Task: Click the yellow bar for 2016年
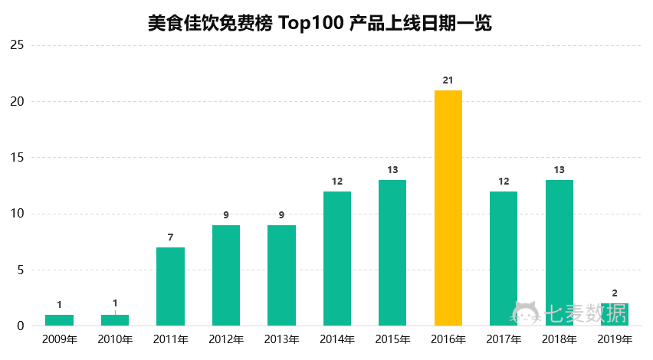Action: [448, 208]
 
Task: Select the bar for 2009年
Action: [59, 320]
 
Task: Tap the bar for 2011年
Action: [170, 286]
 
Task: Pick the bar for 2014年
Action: [337, 258]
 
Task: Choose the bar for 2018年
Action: [559, 253]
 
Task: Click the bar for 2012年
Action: [226, 275]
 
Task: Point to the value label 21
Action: [448, 80]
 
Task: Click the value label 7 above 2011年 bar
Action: [170, 237]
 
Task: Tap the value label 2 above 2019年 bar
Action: [615, 293]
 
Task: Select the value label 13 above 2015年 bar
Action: [392, 170]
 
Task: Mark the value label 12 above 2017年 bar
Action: [504, 182]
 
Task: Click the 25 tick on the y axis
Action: [17, 46]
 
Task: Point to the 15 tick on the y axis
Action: [17, 158]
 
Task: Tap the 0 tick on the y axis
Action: [21, 326]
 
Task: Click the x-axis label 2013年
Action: [281, 339]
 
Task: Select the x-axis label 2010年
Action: [115, 339]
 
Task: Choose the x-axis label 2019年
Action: [615, 339]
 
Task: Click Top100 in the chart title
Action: [311, 23]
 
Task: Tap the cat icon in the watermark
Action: [527, 313]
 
